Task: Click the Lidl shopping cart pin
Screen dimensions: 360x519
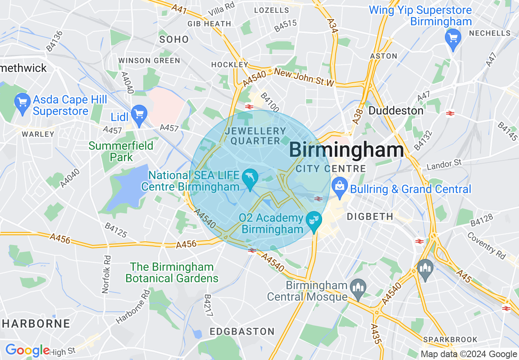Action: (139, 114)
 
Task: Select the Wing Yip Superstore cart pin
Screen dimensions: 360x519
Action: (453, 38)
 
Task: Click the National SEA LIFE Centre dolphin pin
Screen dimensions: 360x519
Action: (250, 178)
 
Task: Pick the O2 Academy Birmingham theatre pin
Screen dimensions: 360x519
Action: (314, 221)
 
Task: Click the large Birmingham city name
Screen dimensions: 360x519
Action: (346, 150)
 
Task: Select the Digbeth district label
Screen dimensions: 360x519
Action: (370, 216)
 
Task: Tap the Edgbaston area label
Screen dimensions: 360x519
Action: (242, 331)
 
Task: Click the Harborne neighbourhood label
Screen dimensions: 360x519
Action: (36, 324)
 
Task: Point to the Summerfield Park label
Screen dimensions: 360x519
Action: (121, 151)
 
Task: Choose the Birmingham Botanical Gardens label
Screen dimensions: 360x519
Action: (172, 273)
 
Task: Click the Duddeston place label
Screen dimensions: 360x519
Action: (395, 111)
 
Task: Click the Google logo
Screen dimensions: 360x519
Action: (27, 350)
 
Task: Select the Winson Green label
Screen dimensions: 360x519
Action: (149, 61)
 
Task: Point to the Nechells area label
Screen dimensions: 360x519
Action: (490, 33)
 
